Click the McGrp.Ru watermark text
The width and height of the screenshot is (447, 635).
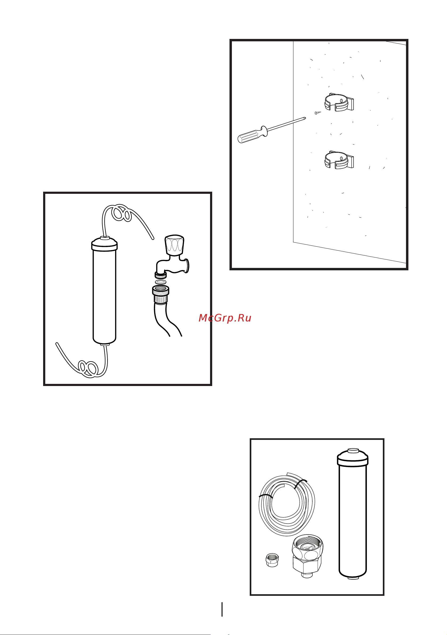click(225, 318)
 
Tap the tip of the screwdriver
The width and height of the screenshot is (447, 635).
click(305, 119)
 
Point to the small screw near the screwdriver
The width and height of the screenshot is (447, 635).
click(317, 113)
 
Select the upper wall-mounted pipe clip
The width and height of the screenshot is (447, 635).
click(339, 102)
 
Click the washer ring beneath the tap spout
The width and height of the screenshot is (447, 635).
click(161, 282)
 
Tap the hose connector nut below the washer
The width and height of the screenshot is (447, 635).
click(161, 295)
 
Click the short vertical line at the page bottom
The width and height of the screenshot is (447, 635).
click(222, 610)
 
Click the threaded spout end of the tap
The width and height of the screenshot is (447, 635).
click(161, 275)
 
